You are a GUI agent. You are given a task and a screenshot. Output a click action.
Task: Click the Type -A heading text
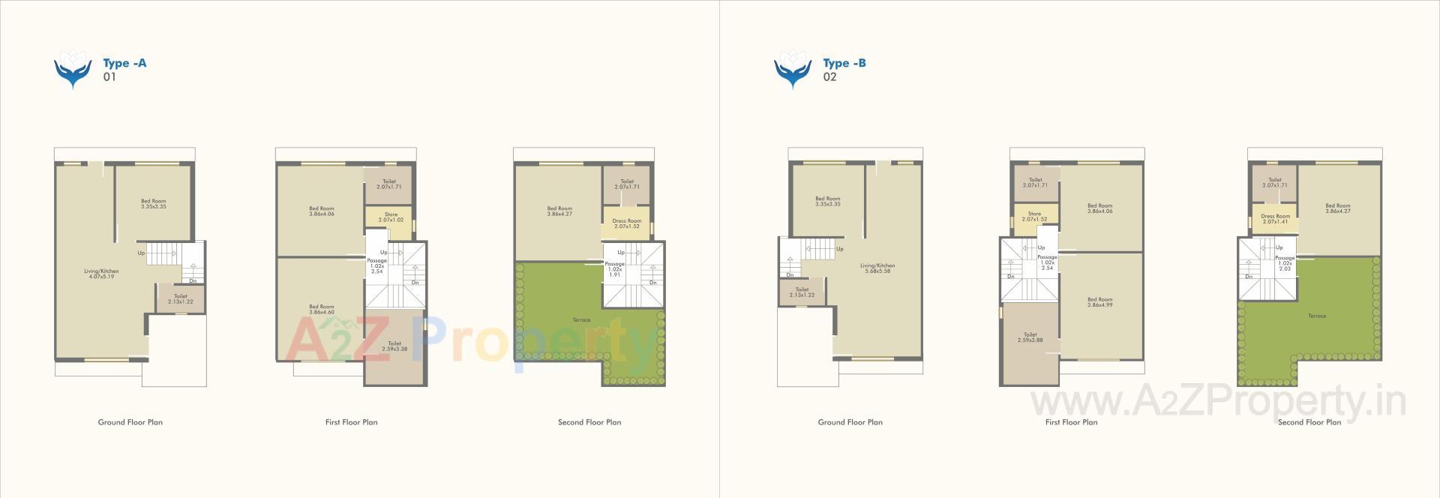124,63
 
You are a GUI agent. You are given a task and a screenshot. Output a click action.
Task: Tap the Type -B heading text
844,63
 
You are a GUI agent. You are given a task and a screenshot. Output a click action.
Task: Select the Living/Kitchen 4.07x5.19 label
103,274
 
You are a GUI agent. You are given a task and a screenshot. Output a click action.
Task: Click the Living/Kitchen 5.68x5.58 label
877,268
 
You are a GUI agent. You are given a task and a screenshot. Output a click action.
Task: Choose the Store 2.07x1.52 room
1034,217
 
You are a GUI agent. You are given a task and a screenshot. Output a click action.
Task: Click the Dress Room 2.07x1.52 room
627,223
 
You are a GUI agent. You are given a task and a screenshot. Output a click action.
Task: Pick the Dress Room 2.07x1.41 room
1275,219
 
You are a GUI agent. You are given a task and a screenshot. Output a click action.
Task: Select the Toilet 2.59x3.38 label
394,346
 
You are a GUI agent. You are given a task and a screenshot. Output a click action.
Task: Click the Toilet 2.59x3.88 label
1030,337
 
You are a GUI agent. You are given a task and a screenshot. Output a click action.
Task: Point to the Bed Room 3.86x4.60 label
322,309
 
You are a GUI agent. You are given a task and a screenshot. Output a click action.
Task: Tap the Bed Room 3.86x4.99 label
1100,302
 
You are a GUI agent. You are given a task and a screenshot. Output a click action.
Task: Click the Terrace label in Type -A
581,320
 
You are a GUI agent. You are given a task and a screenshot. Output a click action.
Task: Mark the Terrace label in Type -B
1317,316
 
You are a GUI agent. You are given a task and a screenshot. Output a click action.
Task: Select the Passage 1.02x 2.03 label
1285,263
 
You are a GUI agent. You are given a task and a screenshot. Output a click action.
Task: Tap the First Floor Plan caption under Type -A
352,422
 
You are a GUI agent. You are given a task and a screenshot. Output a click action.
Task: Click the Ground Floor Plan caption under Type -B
850,422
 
